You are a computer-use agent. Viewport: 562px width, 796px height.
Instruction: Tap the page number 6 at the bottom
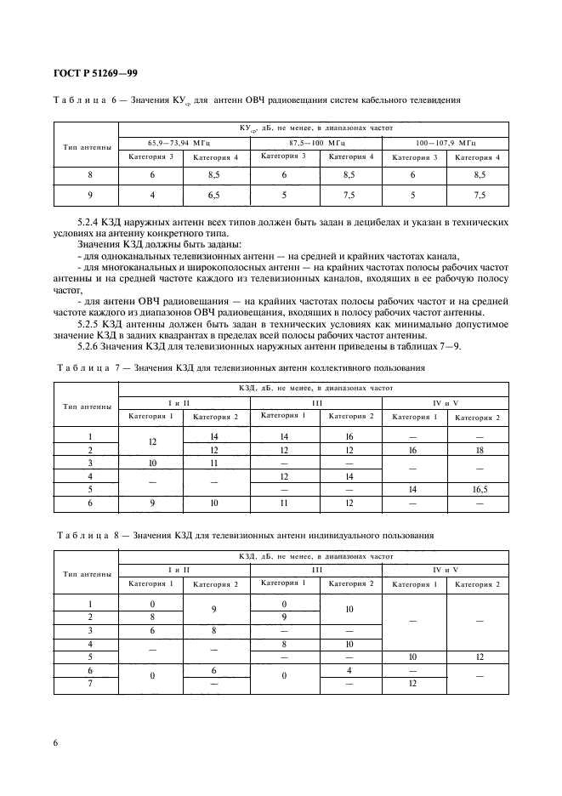(x=56, y=742)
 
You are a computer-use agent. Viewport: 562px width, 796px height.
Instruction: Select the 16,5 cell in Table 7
(x=478, y=491)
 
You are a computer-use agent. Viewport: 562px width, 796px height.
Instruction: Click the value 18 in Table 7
(x=478, y=449)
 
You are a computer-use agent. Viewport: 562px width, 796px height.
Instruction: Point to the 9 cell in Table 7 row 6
(x=152, y=503)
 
